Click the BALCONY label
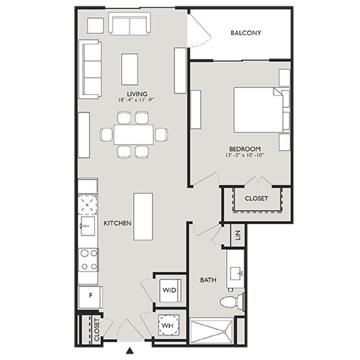click(x=246, y=33)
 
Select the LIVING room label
click(x=137, y=94)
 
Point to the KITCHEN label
click(x=117, y=224)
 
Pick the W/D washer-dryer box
click(x=170, y=289)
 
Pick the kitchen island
click(x=143, y=217)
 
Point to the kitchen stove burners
click(x=88, y=260)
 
